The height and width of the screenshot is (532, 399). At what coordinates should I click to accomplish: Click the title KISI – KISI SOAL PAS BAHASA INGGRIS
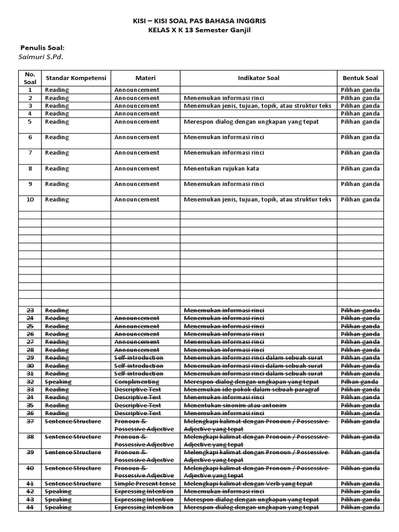click(x=199, y=20)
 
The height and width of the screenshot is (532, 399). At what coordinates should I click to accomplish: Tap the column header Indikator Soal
click(x=258, y=78)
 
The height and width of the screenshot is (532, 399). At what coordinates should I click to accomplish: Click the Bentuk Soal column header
click(x=360, y=78)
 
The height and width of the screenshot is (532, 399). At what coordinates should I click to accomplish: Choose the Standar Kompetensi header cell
click(x=76, y=78)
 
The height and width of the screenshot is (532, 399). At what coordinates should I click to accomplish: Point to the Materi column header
click(x=145, y=78)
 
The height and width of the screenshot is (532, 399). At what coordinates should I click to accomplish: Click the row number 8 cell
click(x=30, y=168)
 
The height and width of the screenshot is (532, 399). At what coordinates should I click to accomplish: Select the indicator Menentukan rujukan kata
click(x=221, y=168)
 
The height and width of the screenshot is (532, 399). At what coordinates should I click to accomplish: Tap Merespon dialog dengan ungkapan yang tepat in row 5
click(x=251, y=122)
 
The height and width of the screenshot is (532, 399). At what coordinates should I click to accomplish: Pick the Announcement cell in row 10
click(x=137, y=199)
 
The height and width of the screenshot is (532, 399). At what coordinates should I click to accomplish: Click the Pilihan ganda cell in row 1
click(x=360, y=90)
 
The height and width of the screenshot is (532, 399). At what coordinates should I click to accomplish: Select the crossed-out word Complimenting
click(x=137, y=381)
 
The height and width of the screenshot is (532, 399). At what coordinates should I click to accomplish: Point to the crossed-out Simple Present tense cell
click(x=145, y=484)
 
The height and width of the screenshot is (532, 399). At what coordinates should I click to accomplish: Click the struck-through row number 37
click(x=30, y=421)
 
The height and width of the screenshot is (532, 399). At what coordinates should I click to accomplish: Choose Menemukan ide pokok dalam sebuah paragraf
click(x=251, y=390)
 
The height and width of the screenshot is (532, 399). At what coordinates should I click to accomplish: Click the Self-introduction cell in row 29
click(x=139, y=358)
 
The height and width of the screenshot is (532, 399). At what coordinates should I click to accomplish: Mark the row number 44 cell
click(x=30, y=507)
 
